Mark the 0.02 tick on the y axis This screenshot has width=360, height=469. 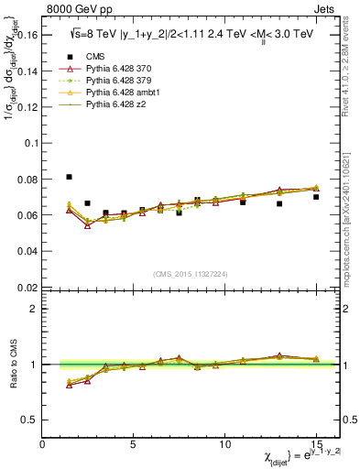point(29,287)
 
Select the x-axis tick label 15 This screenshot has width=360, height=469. point(316,444)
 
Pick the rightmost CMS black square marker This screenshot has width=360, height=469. point(316,197)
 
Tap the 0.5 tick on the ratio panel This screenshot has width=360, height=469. point(32,420)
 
